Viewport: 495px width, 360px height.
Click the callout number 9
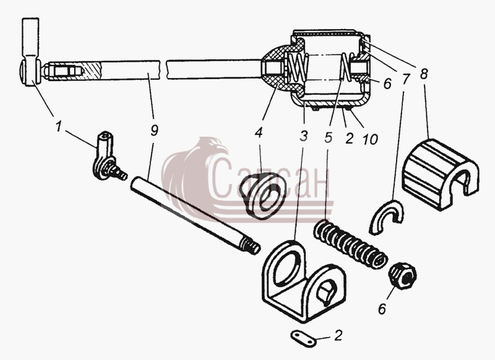pyautogui.click(x=153, y=130)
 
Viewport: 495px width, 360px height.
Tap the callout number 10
pyautogui.click(x=370, y=139)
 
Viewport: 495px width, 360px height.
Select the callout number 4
pyautogui.click(x=258, y=133)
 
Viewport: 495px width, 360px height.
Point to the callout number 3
pyautogui.click(x=303, y=136)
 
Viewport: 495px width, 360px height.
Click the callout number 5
pyautogui.click(x=329, y=137)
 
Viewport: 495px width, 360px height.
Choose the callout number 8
pyautogui.click(x=424, y=74)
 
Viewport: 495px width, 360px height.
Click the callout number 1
pyautogui.click(x=58, y=127)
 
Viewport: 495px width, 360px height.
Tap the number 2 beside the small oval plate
pyautogui.click(x=338, y=335)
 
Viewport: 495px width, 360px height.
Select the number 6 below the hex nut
pyautogui.click(x=382, y=309)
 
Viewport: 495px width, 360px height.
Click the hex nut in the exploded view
pyautogui.click(x=403, y=276)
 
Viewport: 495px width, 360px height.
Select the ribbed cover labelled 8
pyautogui.click(x=440, y=174)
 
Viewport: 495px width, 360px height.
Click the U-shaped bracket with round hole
pyautogui.click(x=304, y=281)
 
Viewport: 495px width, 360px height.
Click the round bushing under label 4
pyautogui.click(x=264, y=196)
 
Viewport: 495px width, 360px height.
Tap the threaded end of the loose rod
pyautogui.click(x=251, y=246)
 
